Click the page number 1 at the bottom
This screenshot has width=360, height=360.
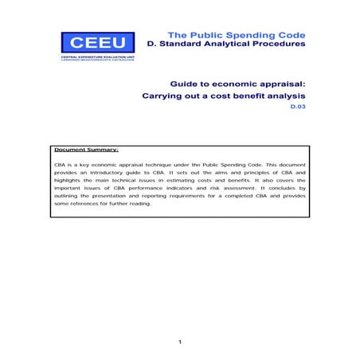point(180,342)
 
